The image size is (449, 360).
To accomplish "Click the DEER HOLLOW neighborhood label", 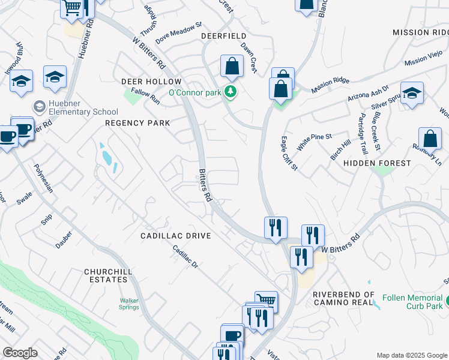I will click(x=151, y=81).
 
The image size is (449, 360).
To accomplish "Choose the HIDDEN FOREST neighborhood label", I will click(x=378, y=163).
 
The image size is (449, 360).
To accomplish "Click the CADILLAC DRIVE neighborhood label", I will click(x=176, y=236).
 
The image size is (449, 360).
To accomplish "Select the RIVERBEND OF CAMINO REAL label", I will click(x=344, y=299).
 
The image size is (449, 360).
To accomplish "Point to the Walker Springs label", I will click(x=129, y=304).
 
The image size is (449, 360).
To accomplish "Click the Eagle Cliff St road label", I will click(x=289, y=153).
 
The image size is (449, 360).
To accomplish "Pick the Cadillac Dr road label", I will click(x=185, y=257).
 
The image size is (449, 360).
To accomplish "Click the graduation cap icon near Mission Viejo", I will click(x=412, y=93).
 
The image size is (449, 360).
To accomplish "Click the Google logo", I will click(x=20, y=353).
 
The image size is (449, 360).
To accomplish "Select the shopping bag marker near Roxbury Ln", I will click(x=430, y=138).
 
